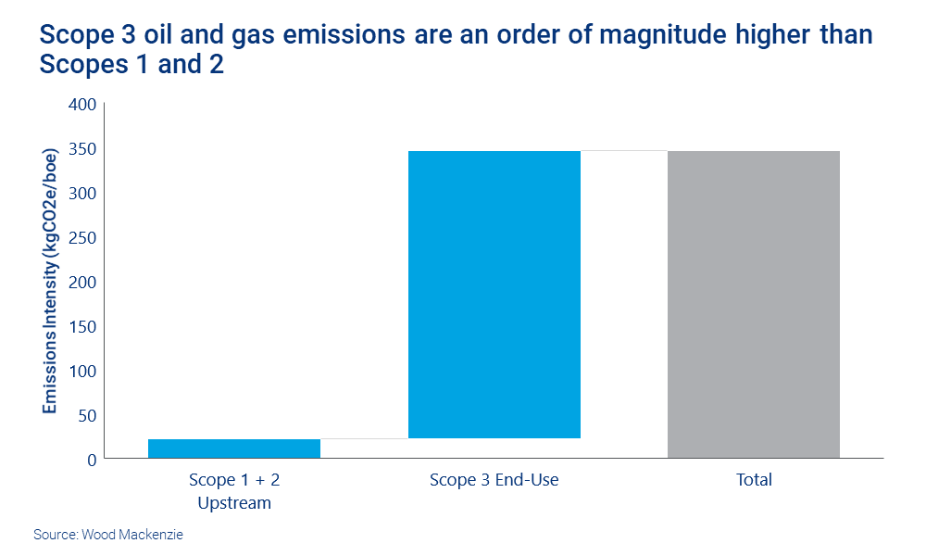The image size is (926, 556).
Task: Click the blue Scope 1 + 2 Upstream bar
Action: [234, 449]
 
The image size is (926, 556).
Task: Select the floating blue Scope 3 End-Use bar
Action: [494, 294]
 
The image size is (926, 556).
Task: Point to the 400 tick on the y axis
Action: [83, 105]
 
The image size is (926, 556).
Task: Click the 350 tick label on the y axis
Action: [83, 149]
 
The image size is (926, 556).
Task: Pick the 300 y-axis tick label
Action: [83, 194]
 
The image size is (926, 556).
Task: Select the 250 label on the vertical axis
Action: [83, 238]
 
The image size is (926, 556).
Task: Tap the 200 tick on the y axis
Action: [83, 282]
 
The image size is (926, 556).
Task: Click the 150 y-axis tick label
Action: [83, 326]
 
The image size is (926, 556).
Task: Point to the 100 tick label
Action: [83, 371]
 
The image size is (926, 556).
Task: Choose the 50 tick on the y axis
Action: [87, 415]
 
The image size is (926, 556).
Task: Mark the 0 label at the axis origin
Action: [92, 460]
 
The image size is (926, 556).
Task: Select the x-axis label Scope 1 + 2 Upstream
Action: [234, 491]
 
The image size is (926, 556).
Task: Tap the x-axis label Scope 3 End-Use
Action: [494, 480]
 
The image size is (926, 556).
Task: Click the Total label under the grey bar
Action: [754, 480]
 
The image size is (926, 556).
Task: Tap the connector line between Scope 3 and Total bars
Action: [624, 150]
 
